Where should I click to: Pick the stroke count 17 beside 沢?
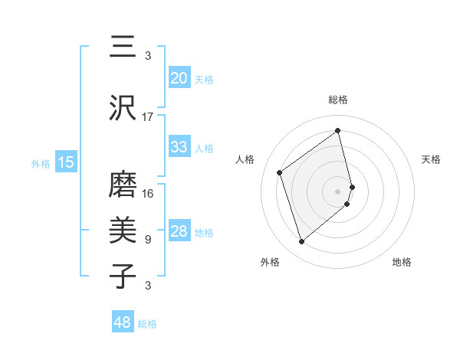[x=148, y=117]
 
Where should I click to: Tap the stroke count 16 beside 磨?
[x=148, y=194]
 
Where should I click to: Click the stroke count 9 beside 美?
[x=148, y=240]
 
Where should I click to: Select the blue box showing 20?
[x=179, y=78]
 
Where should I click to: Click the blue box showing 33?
[x=179, y=147]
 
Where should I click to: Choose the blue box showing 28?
[x=179, y=231]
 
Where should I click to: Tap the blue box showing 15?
[x=66, y=162]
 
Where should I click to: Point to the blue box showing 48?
[x=123, y=322]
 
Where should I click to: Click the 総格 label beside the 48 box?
[x=147, y=324]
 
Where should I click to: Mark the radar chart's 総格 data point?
[x=338, y=130]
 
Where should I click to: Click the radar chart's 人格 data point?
[x=280, y=172]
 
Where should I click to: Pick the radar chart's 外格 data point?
[x=302, y=242]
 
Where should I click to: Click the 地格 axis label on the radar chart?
[x=402, y=263]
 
